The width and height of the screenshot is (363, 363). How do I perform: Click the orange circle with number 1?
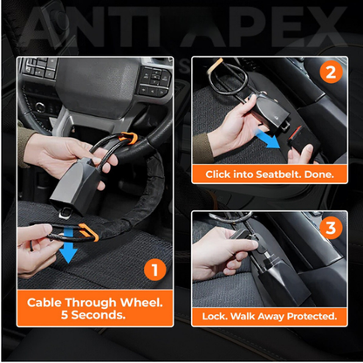[155, 270]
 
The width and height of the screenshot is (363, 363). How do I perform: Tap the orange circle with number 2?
[331, 72]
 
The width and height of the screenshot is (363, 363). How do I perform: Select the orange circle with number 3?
[331, 229]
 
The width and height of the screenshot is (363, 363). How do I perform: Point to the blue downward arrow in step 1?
[68, 245]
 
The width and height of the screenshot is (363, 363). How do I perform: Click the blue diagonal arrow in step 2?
[268, 139]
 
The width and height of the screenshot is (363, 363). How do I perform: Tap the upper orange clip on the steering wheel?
[129, 138]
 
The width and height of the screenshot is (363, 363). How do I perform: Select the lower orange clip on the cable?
[89, 232]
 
